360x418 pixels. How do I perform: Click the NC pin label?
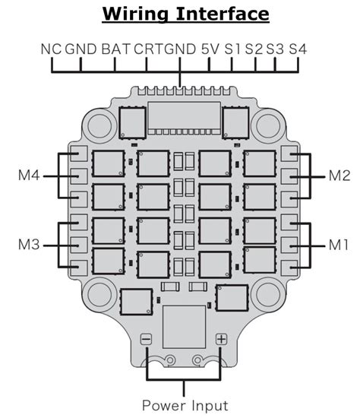[x=51, y=49]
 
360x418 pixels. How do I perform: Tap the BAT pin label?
[x=116, y=49]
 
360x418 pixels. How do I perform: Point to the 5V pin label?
[x=210, y=49]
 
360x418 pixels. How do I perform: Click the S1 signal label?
[x=232, y=49]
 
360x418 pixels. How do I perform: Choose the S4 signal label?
[x=298, y=49]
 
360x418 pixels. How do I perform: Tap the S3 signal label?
[x=275, y=49]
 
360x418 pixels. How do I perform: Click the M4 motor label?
[x=29, y=176]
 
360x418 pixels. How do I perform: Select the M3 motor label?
[x=29, y=244]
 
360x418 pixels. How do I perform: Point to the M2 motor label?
[x=339, y=176]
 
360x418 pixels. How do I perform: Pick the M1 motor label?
[x=339, y=244]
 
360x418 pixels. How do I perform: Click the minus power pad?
[x=146, y=340]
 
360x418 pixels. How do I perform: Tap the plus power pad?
[x=222, y=339]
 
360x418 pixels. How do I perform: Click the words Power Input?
[x=185, y=406]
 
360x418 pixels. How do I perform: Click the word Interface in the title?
[x=223, y=14]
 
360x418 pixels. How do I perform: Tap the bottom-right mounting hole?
[x=268, y=294]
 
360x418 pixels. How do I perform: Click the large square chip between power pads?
[x=185, y=327]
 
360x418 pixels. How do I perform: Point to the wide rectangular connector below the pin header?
[x=184, y=118]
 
